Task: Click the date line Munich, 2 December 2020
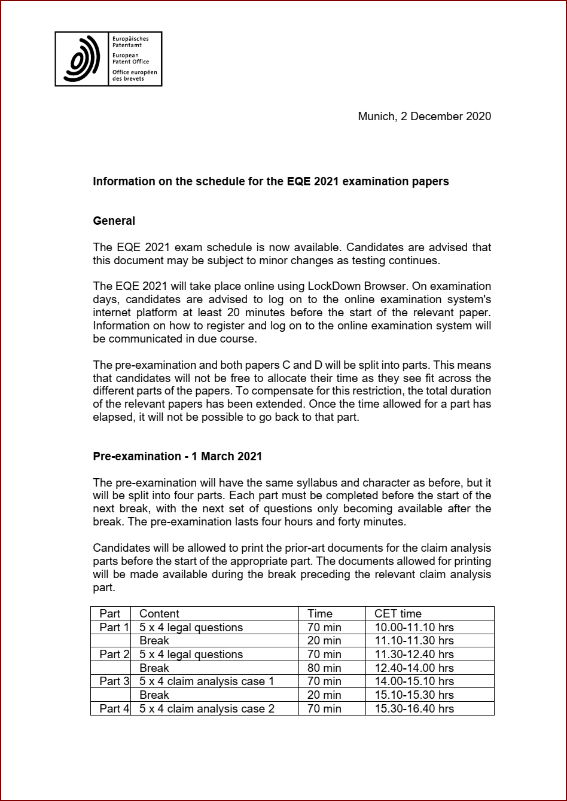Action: click(x=424, y=117)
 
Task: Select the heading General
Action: click(x=114, y=221)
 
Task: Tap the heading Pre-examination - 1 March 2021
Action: click(x=177, y=456)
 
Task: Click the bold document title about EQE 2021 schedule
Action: click(x=270, y=181)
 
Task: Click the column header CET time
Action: click(x=398, y=613)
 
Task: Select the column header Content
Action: click(x=159, y=613)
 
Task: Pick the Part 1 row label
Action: click(x=114, y=627)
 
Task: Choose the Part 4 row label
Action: click(x=114, y=708)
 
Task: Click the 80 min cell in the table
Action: click(x=324, y=668)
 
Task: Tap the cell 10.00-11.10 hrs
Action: click(x=414, y=627)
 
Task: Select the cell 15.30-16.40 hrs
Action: click(x=414, y=708)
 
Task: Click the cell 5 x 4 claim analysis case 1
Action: click(x=206, y=681)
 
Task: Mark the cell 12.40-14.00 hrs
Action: click(x=414, y=668)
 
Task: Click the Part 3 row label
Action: click(x=114, y=681)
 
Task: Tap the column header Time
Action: click(x=320, y=613)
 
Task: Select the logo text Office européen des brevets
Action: click(x=134, y=75)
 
